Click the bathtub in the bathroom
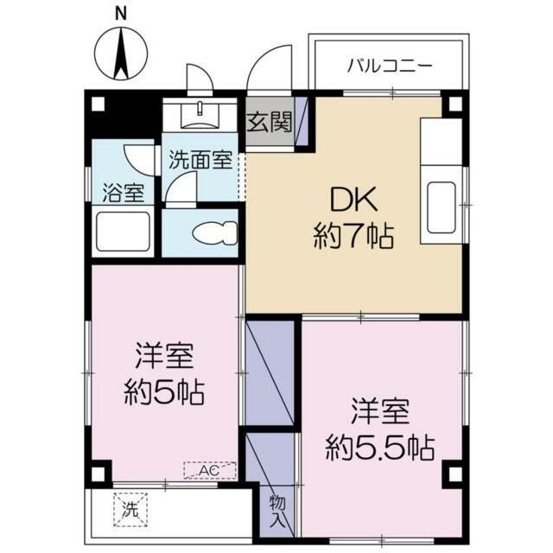(123, 232)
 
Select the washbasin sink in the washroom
(199, 112)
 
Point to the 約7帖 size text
(354, 235)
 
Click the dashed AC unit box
(210, 470)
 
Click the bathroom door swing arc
(138, 160)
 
